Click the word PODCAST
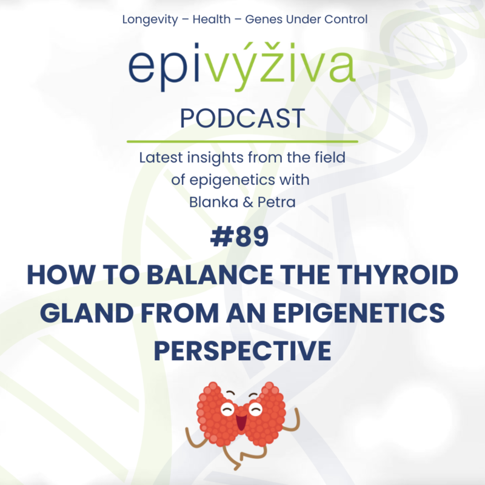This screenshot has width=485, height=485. pyautogui.click(x=242, y=118)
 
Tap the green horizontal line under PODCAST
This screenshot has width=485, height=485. pyautogui.click(x=242, y=141)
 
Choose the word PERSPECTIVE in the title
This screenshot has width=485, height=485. pyautogui.click(x=242, y=350)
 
